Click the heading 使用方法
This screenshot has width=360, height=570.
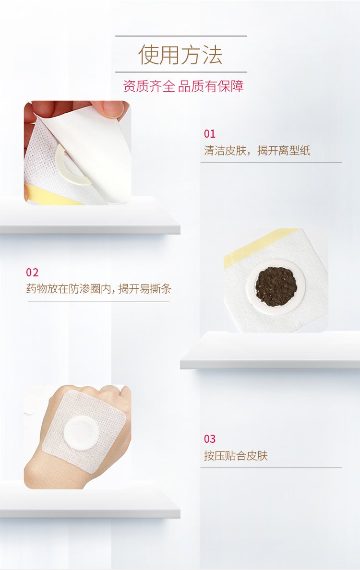180,55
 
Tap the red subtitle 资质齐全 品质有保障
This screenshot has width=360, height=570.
183,86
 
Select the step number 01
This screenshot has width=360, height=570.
209,134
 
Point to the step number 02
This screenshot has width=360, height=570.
32,272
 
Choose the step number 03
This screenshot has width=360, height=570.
209,439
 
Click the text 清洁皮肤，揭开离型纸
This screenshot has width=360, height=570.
257,151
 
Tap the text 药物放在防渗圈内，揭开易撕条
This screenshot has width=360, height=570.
98,289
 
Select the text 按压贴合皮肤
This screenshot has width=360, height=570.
236,455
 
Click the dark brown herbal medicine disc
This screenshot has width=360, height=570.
276,286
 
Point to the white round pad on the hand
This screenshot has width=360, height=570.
81,433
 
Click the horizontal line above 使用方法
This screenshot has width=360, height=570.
181,36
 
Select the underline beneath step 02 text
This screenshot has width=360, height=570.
98,301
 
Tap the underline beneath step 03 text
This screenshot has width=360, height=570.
271,467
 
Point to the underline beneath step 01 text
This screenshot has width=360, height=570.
271,163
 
